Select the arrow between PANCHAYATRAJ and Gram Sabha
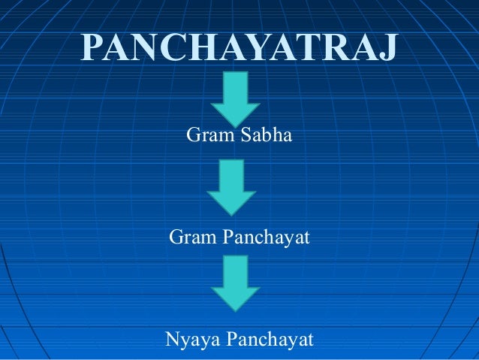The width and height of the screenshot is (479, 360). click(x=235, y=97)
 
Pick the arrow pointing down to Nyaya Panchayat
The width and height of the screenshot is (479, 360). click(x=235, y=282)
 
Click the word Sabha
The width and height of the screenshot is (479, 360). click(x=266, y=138)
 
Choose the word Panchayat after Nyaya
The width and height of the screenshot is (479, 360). click(x=268, y=339)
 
